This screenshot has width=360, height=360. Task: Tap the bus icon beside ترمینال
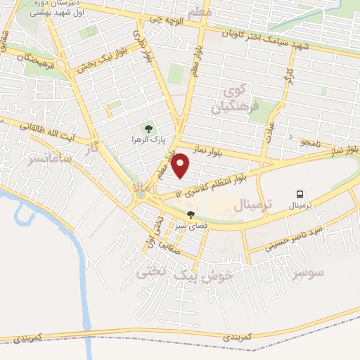point(300,194)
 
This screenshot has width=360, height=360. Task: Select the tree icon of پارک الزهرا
point(148,129)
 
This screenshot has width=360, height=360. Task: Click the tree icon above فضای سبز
point(190,215)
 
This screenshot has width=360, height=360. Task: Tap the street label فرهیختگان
point(28,63)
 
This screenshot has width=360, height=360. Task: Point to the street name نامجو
point(309,143)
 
